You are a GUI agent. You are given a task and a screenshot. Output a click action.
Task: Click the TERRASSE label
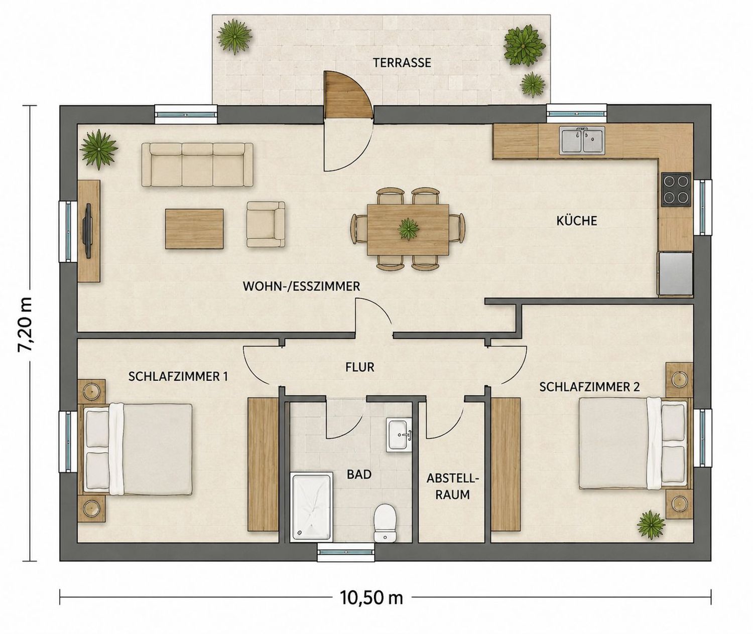(x=402, y=63)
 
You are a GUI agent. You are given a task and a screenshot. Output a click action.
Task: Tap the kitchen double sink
(x=582, y=140)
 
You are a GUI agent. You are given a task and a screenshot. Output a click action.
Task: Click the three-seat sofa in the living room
(x=197, y=165)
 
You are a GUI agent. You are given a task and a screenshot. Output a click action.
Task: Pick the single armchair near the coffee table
(x=266, y=224)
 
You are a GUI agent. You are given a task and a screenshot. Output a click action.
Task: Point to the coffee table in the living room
(x=194, y=229)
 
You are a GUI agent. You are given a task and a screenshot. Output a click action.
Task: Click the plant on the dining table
(x=408, y=229)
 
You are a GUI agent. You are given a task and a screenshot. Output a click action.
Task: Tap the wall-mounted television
(x=88, y=231)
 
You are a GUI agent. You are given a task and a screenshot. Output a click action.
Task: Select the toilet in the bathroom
(x=386, y=523)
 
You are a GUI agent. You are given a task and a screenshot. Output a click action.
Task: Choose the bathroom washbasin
(x=399, y=435)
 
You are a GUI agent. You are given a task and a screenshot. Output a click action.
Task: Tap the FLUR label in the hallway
(x=360, y=367)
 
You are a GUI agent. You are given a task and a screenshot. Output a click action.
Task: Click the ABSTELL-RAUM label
(x=453, y=487)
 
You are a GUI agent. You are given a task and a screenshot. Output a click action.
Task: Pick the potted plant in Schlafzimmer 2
(x=651, y=523)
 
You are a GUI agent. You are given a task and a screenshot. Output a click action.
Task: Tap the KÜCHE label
(x=577, y=221)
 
